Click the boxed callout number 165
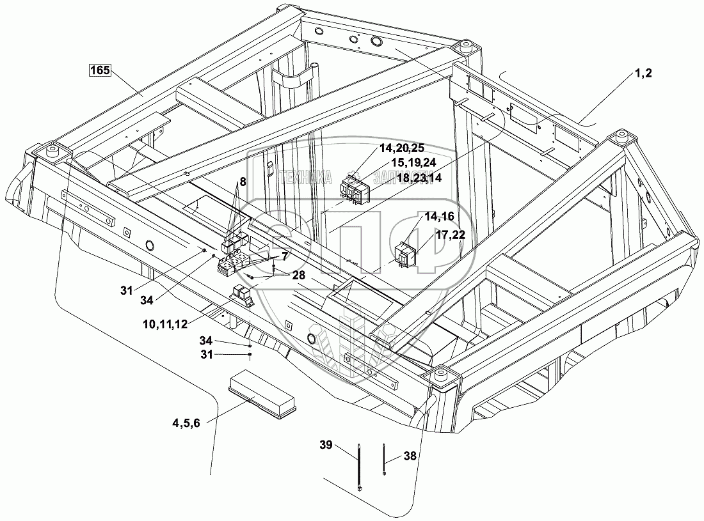(x=99, y=70)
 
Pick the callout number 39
(x=326, y=446)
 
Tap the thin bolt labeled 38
(x=383, y=458)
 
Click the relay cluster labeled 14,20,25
(x=353, y=189)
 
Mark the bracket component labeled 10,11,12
(x=243, y=295)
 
